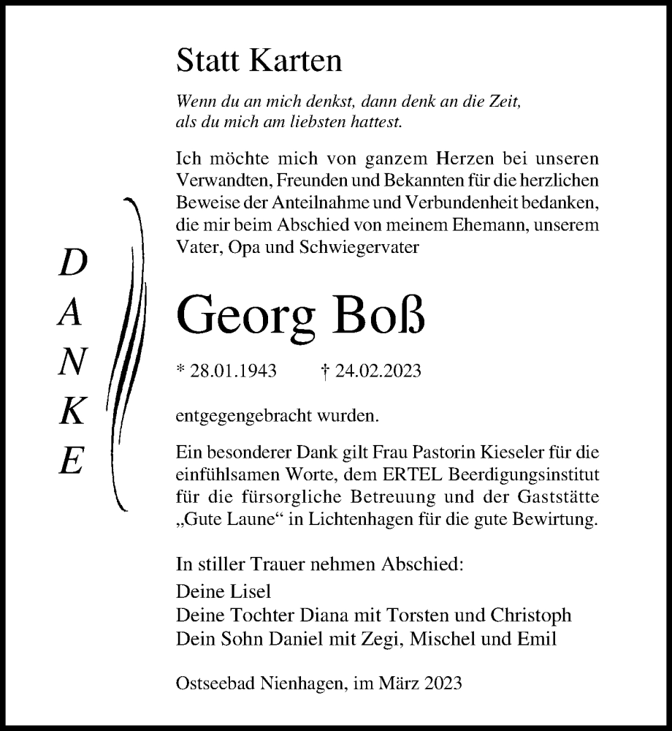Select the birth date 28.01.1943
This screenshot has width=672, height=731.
(233, 371)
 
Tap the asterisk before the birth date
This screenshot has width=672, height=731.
(180, 370)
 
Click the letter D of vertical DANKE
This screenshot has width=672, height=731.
(72, 263)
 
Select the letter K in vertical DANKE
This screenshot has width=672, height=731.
(71, 414)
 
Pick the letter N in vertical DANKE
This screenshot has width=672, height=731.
(72, 363)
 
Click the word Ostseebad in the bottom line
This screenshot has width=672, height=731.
(211, 683)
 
